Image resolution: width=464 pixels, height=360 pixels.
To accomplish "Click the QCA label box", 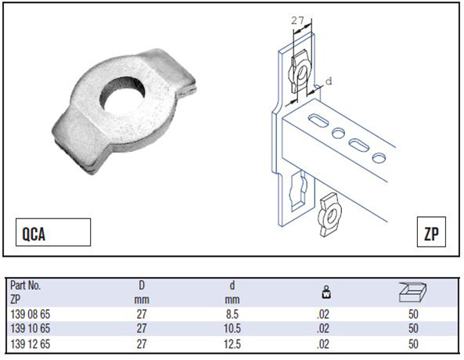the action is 53,232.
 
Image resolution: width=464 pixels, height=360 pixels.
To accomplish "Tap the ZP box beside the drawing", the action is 431,232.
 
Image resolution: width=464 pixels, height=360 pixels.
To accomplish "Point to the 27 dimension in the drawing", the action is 297,20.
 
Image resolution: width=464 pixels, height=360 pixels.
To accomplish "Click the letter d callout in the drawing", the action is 329,81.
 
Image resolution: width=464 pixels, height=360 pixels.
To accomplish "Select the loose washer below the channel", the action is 329,214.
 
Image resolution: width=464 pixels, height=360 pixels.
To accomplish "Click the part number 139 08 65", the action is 31,314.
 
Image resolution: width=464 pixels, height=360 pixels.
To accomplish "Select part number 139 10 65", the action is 31,329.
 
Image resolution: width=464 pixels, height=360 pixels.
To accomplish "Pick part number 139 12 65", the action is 31,344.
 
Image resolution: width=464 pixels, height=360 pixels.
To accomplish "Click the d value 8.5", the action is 232,314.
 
